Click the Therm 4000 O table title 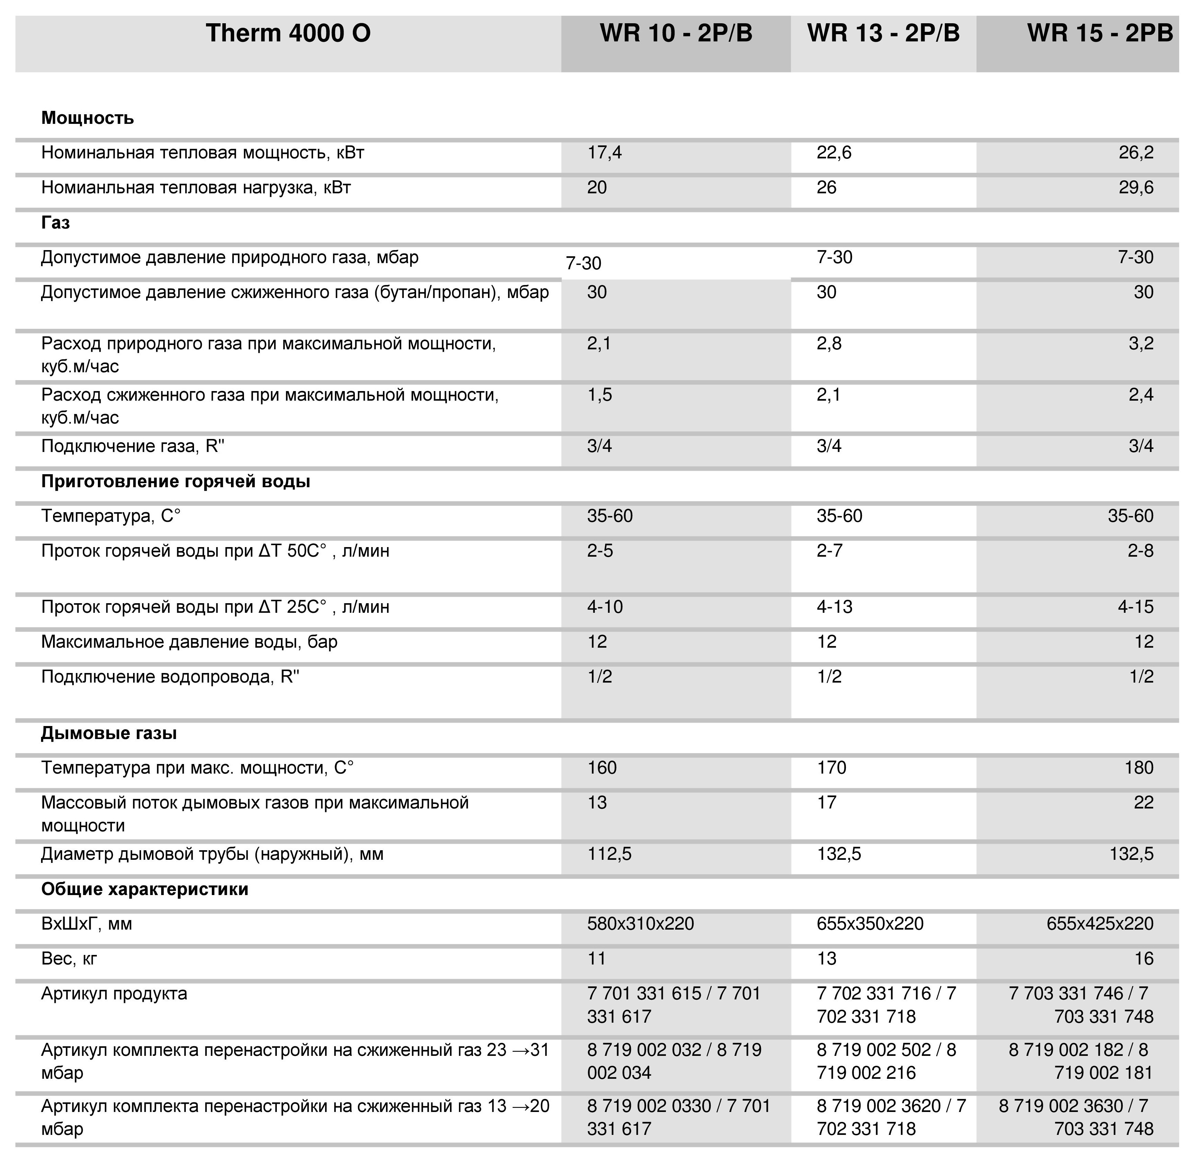click(x=288, y=33)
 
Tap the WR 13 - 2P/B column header click(x=883, y=33)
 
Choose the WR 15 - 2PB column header click(x=1099, y=33)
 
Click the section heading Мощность click(x=88, y=117)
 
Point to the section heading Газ click(x=56, y=223)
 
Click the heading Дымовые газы click(x=109, y=733)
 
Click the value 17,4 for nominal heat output click(x=605, y=152)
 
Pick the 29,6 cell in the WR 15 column click(x=1136, y=187)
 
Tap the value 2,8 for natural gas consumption click(x=829, y=343)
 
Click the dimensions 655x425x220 click(x=1099, y=924)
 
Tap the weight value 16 click(x=1144, y=959)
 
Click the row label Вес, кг click(x=69, y=959)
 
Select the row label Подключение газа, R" click(x=133, y=446)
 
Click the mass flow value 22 click(x=1143, y=803)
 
